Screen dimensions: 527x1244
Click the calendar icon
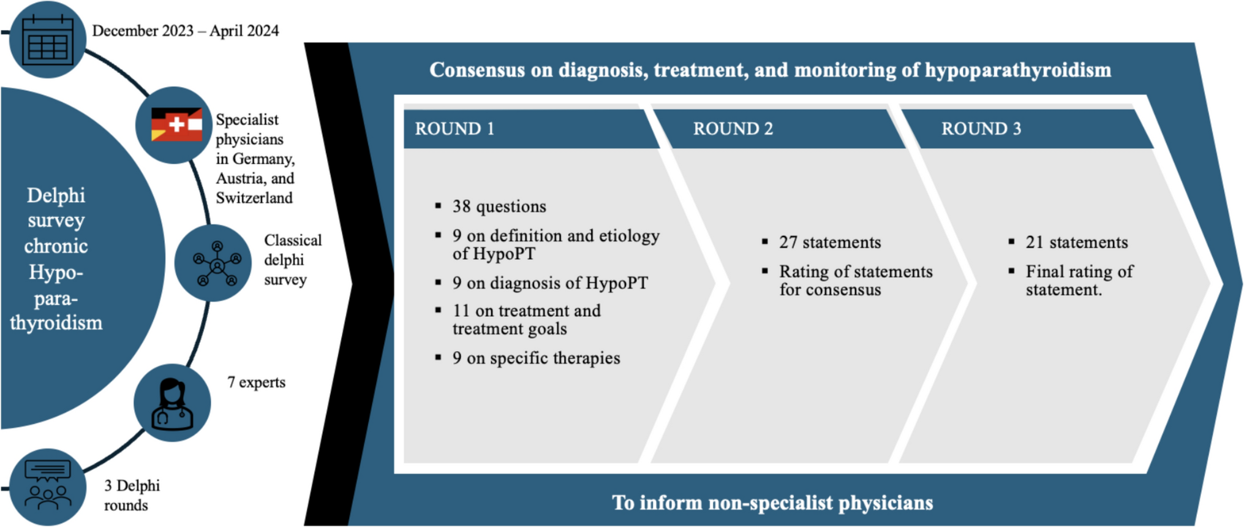point(48,40)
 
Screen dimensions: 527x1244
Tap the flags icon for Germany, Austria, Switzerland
point(176,125)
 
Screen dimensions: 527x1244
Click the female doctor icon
point(172,403)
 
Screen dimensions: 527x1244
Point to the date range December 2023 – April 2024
point(185,31)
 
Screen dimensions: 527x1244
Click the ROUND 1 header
point(454,129)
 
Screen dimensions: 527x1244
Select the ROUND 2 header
point(733,129)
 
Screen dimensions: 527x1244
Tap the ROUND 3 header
point(981,129)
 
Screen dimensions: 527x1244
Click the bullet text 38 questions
point(499,207)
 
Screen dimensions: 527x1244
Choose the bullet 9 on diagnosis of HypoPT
point(550,283)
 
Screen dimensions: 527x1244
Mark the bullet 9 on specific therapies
point(536,358)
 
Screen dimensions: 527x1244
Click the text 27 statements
point(830,243)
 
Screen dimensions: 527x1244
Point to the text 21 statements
point(1076,243)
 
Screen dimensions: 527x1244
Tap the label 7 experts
point(256,382)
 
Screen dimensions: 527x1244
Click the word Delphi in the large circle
point(56,195)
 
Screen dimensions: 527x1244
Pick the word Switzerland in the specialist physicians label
point(254,198)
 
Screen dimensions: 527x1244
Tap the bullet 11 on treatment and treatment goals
point(526,320)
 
